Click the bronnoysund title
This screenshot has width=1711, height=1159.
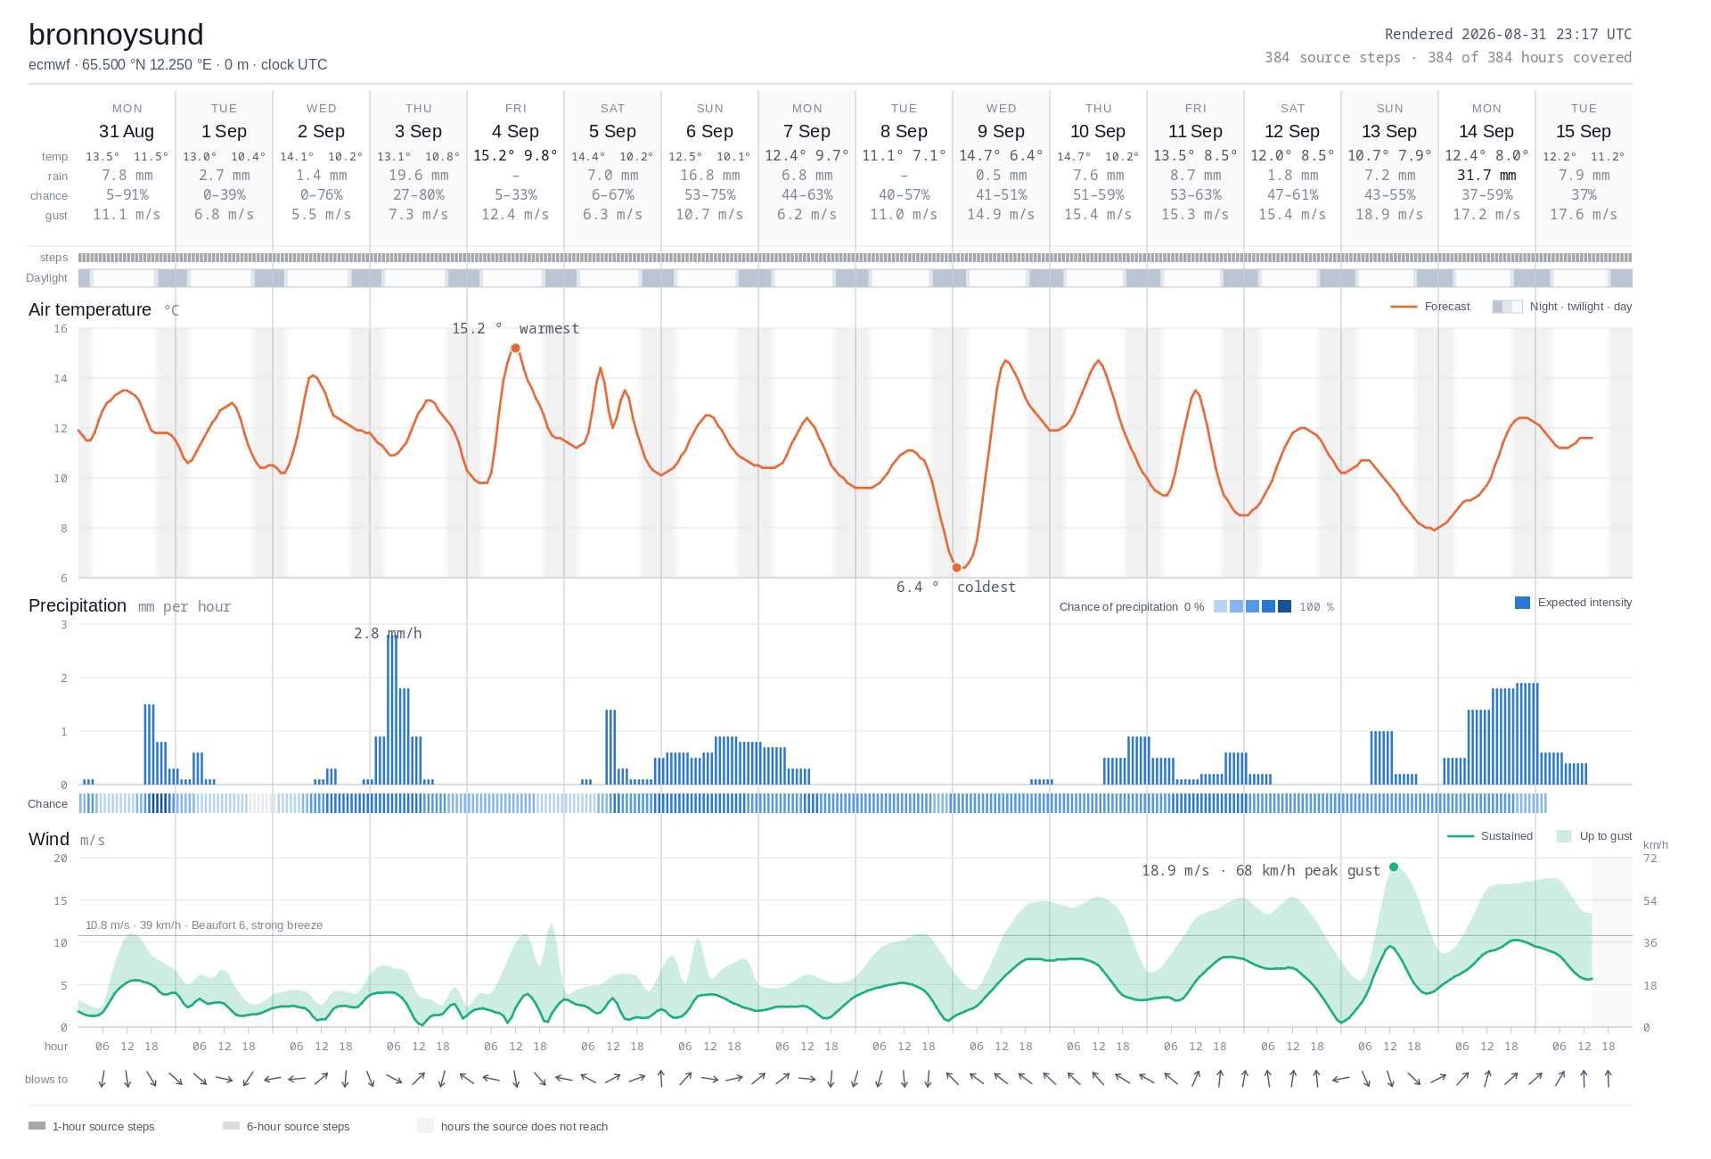point(116,35)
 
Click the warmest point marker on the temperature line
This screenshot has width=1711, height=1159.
point(515,349)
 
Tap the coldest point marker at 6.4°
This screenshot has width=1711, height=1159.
point(957,568)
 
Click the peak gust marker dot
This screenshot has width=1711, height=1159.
point(1394,867)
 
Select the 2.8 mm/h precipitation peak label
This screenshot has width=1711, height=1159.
point(388,633)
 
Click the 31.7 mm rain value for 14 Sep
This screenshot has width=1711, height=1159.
point(1486,176)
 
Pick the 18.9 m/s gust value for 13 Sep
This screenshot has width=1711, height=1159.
point(1389,215)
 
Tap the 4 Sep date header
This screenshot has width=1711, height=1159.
point(515,131)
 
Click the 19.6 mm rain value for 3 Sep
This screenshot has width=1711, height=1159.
point(419,176)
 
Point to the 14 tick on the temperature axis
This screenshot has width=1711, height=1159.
point(61,379)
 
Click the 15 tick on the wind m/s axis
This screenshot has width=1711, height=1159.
point(61,900)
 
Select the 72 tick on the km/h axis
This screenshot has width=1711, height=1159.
point(1650,859)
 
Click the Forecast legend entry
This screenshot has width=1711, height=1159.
point(1430,307)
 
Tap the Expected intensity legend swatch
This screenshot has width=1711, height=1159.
point(1522,603)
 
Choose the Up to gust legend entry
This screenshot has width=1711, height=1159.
point(1594,836)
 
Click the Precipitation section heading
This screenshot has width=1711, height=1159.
point(78,605)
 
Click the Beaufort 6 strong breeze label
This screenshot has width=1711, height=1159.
point(204,925)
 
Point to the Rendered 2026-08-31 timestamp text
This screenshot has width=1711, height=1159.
point(1508,34)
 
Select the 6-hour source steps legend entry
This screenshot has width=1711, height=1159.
point(286,1126)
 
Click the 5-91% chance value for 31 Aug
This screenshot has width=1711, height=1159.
point(127,195)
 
